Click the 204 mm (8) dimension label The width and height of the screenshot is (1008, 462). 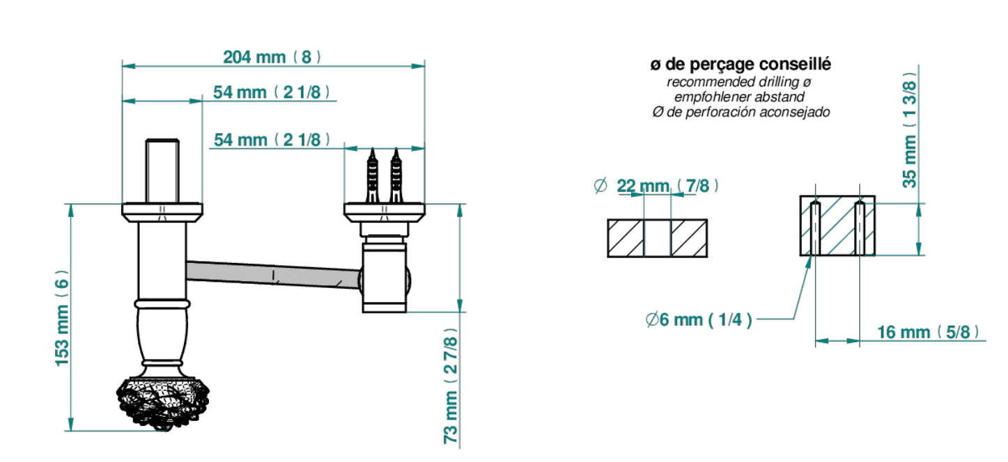(272, 57)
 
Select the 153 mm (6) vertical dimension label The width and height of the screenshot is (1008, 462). (62, 318)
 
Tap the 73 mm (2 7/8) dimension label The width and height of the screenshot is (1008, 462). (451, 386)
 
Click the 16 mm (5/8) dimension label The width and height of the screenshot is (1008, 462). (928, 332)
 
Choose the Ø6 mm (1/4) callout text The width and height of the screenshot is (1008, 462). (699, 319)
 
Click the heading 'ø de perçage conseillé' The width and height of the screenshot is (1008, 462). (741, 64)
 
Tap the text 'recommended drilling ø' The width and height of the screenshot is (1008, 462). (739, 82)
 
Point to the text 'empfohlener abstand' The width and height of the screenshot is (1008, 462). (739, 97)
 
